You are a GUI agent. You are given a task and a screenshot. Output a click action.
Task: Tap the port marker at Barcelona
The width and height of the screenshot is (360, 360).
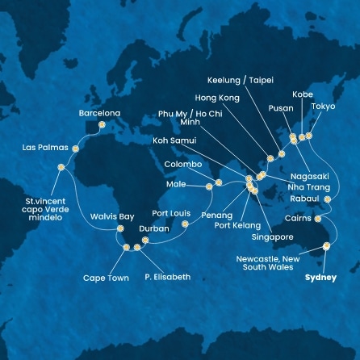(x=101, y=125)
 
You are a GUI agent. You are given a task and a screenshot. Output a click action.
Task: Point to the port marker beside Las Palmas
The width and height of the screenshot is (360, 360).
(x=76, y=149)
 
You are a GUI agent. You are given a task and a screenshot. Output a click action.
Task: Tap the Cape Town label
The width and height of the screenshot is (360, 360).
(x=106, y=278)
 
